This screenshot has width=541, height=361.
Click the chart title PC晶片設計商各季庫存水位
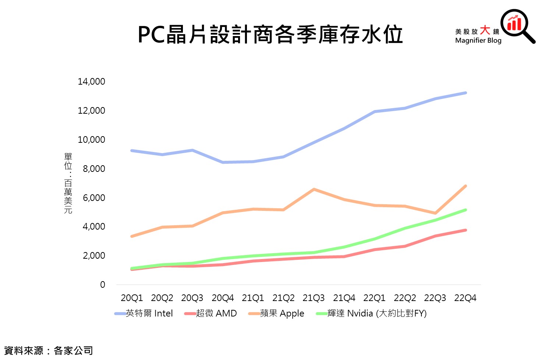270,35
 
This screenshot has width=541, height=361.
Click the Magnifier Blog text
478,40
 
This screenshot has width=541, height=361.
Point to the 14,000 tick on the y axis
91,82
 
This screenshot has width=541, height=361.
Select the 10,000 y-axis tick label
91,140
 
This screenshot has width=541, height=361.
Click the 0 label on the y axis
102,285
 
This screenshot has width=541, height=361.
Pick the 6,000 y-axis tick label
94,198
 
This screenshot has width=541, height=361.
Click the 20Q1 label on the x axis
132,298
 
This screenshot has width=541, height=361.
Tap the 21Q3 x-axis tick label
314,298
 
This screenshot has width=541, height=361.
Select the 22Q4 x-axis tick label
465,298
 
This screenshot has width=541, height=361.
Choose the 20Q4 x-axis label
223,298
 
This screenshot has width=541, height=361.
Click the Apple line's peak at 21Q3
314,190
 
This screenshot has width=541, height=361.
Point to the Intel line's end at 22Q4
466,93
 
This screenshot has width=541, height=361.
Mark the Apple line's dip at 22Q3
435,213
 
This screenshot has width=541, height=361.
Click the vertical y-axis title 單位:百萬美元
68,183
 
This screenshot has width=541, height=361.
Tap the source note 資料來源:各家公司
49,351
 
